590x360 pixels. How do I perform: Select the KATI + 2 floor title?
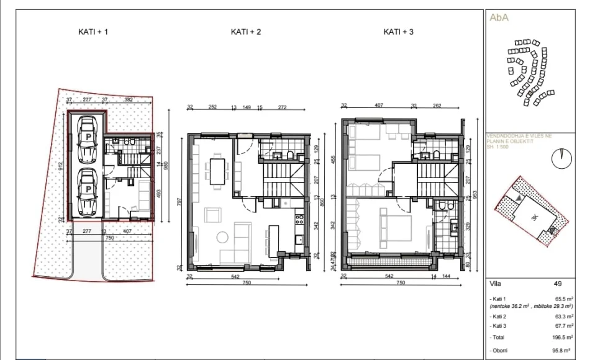pyautogui.click(x=245, y=31)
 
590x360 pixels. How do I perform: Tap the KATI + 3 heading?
pyautogui.click(x=399, y=31)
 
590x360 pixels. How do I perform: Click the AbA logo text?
pyautogui.click(x=500, y=17)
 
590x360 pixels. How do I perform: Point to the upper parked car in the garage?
pyautogui.click(x=88, y=142)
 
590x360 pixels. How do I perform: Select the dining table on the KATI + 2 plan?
pyautogui.click(x=218, y=171)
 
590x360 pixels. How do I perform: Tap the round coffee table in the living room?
pyautogui.click(x=222, y=237)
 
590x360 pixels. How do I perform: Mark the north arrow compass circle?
pyautogui.click(x=561, y=158)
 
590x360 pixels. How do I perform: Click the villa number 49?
pyautogui.click(x=557, y=283)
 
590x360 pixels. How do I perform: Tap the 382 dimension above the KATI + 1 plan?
pyautogui.click(x=129, y=100)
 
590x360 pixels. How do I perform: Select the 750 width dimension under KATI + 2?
pyautogui.click(x=246, y=283)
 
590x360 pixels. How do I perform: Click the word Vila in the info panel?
pyautogui.click(x=495, y=283)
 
